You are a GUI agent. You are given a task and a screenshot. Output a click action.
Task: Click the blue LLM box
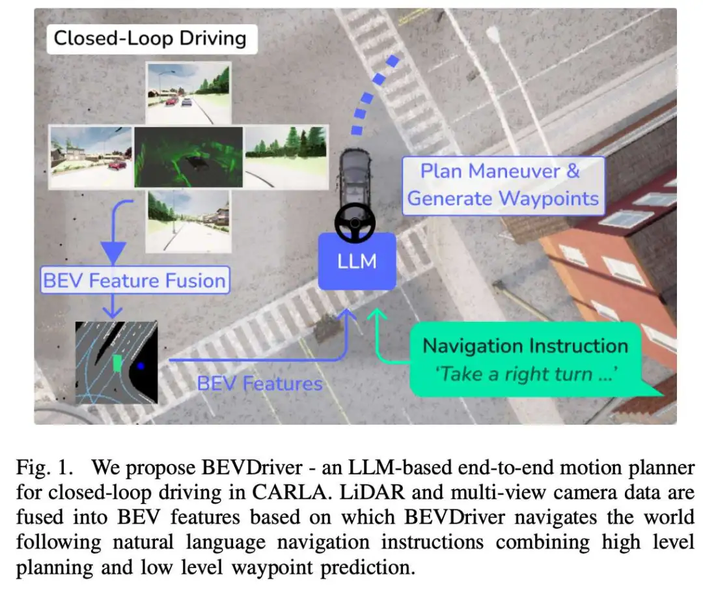357,262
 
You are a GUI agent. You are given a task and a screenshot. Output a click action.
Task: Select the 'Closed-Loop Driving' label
150,38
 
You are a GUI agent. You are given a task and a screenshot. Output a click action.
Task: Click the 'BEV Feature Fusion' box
135,281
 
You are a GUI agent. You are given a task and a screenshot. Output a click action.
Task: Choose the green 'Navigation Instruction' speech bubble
525,359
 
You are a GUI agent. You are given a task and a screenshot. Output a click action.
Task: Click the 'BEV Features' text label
260,383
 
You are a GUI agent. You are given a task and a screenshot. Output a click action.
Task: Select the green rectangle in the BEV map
117,363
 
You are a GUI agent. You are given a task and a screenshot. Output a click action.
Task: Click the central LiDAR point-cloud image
189,157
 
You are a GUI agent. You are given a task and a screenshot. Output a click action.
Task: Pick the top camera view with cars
188,92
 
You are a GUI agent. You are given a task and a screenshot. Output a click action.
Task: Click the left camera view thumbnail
91,157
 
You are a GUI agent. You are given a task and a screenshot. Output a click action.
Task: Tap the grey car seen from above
355,179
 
